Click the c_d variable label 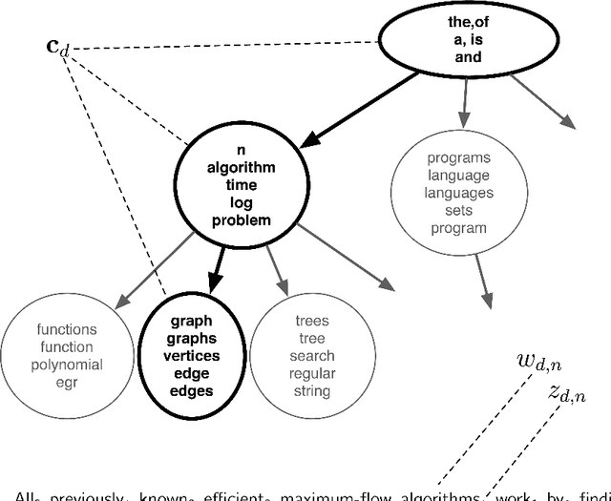(58, 46)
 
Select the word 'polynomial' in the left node (66, 365)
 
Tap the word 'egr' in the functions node (66, 382)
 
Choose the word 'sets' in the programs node (459, 211)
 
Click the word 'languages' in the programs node (459, 194)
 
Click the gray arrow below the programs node (483, 279)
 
